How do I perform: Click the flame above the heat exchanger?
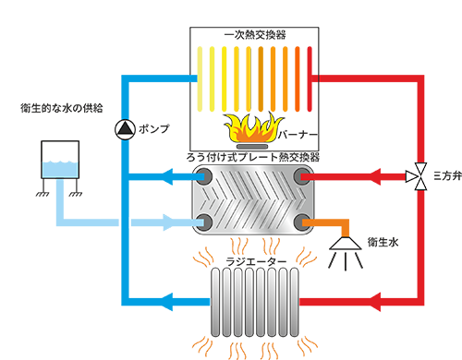tap(252, 126)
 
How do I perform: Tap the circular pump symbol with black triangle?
tap(126, 130)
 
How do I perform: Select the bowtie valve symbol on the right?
tap(418, 177)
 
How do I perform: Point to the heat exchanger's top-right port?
tap(302, 175)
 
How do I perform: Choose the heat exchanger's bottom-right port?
tap(302, 220)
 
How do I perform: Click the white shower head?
tap(348, 246)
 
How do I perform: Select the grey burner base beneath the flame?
tap(252, 146)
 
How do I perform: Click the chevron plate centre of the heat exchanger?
tap(251, 198)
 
